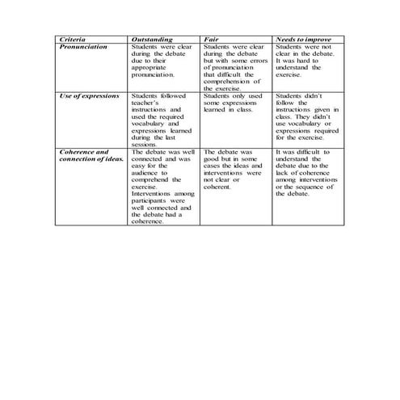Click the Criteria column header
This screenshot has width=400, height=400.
(x=74, y=40)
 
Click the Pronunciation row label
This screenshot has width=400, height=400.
(x=84, y=47)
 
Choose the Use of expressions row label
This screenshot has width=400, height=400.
(x=89, y=95)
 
